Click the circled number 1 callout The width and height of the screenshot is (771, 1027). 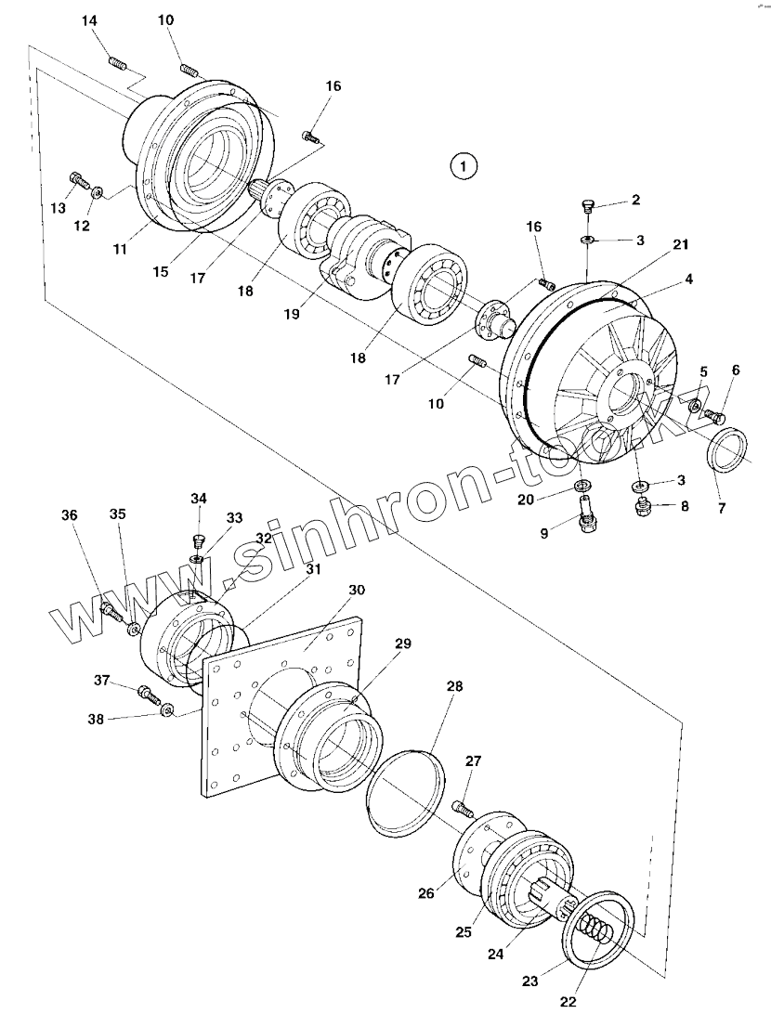(463, 166)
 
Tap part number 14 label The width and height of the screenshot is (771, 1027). (89, 22)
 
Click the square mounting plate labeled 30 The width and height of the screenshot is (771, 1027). (279, 706)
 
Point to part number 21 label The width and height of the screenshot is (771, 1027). (681, 244)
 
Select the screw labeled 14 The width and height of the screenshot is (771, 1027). (118, 64)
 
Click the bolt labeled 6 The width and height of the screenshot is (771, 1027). (713, 415)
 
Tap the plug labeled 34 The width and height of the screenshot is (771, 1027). (198, 540)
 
